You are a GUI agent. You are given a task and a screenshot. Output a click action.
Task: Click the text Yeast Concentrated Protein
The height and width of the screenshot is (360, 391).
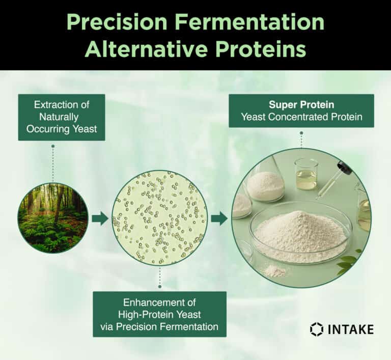point(301,117)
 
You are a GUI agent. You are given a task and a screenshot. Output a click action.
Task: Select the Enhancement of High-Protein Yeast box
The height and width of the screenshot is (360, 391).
point(159,314)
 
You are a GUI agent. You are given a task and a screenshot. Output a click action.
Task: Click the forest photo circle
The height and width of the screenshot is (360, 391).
point(53,218)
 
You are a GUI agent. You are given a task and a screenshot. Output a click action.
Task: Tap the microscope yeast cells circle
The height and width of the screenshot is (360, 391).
point(159,217)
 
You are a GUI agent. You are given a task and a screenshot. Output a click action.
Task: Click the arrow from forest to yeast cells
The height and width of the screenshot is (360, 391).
point(100,218)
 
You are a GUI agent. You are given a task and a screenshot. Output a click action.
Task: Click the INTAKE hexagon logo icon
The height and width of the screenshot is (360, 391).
point(316,329)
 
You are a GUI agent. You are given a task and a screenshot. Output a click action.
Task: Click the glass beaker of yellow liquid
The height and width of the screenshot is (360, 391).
point(306,175)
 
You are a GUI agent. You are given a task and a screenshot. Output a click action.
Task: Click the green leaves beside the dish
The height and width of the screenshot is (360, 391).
point(349,261)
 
